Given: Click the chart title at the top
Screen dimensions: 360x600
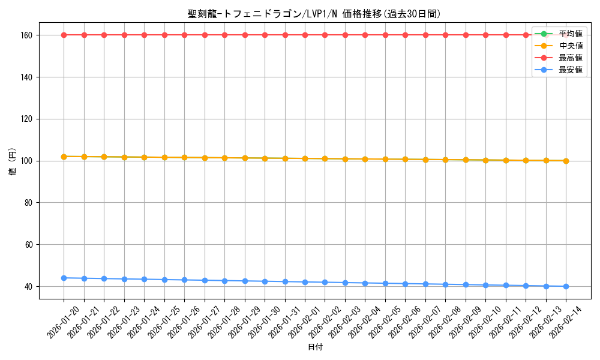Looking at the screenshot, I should click(x=318, y=14).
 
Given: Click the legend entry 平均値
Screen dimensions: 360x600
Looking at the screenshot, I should click(x=571, y=34).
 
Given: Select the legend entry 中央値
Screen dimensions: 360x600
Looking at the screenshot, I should click(x=571, y=46).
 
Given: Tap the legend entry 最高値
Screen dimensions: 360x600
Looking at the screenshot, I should click(x=571, y=58).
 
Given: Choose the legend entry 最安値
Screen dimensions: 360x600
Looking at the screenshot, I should click(x=571, y=70).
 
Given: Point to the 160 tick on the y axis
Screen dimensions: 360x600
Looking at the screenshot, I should click(x=28, y=35).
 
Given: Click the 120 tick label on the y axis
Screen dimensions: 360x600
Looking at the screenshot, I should click(x=28, y=119).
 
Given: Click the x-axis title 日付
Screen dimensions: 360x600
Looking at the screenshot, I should click(x=315, y=347).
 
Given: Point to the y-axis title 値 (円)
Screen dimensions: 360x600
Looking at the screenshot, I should click(x=12, y=161).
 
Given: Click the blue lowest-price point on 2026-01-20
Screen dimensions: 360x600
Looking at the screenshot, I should click(x=64, y=278).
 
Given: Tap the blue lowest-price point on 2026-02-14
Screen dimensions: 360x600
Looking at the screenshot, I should click(x=566, y=286).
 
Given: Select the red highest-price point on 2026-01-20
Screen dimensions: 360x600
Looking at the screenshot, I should click(x=64, y=35).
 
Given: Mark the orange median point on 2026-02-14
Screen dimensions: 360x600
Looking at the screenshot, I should click(x=566, y=161).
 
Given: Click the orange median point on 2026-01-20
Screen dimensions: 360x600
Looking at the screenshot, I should click(x=64, y=157).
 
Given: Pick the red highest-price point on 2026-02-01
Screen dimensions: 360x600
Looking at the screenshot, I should click(x=305, y=35).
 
